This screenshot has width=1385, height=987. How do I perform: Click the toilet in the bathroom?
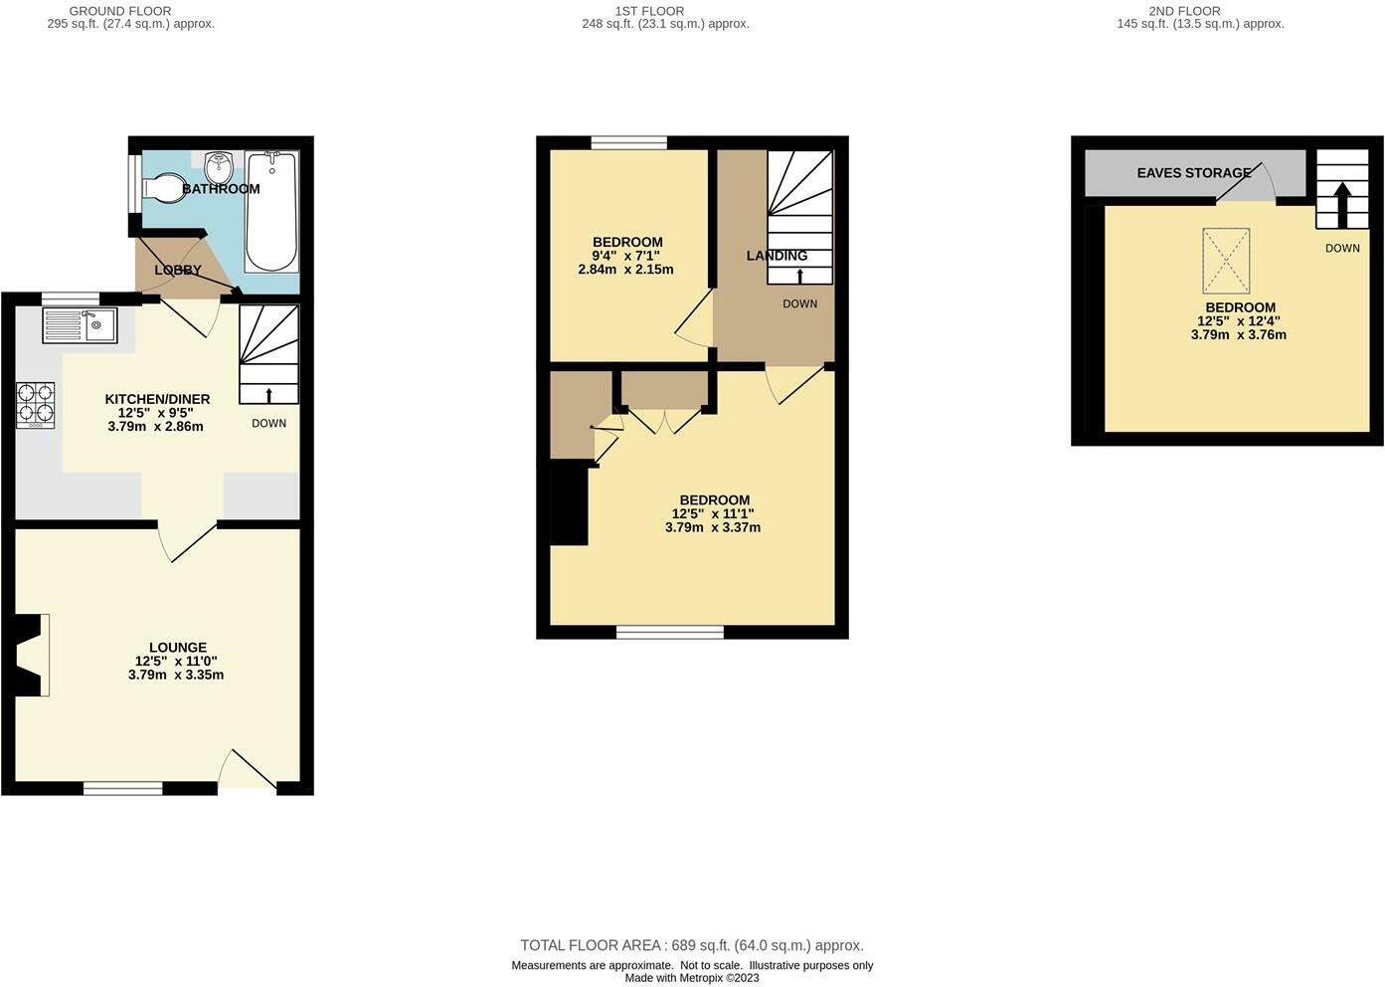[162, 187]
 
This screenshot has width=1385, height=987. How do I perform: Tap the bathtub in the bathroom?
[271, 211]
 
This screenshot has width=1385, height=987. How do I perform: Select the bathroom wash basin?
[218, 168]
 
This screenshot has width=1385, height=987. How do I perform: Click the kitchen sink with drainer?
[80, 325]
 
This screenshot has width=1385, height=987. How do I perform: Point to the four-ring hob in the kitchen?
[35, 405]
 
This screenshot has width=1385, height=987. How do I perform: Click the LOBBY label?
[178, 270]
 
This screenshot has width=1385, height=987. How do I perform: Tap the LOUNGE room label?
[178, 648]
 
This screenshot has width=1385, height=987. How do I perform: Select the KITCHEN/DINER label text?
[157, 399]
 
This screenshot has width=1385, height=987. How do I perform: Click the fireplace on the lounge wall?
[31, 656]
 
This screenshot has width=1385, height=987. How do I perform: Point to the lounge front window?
[123, 788]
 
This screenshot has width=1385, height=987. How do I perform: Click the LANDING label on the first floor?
[777, 256]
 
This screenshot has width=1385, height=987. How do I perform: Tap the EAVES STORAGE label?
[1194, 173]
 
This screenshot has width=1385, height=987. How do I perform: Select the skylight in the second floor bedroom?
[1226, 261]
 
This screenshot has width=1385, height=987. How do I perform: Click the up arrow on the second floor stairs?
[1341, 205]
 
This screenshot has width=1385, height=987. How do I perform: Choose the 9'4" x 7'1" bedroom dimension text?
[625, 256]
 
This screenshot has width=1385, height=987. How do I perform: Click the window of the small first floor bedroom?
[628, 143]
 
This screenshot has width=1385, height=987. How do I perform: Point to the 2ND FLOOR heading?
[1185, 11]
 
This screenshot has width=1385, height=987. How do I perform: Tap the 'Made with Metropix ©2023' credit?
[692, 978]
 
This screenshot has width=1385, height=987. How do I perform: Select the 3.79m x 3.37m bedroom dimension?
[713, 527]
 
